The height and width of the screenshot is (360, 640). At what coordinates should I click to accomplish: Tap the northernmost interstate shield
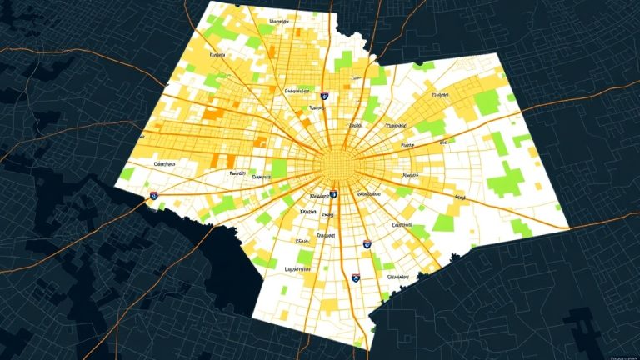click(x=326, y=97)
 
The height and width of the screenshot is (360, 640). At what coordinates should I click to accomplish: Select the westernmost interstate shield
click(x=154, y=195)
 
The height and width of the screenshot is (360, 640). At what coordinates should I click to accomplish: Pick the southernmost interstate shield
click(x=356, y=275)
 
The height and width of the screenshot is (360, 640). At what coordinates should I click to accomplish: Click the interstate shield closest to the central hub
click(x=334, y=194)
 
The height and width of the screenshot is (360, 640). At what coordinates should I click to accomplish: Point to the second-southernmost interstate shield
click(x=367, y=244)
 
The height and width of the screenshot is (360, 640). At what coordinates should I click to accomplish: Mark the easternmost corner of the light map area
click(x=570, y=226)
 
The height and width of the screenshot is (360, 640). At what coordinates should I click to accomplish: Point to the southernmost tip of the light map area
click(x=363, y=347)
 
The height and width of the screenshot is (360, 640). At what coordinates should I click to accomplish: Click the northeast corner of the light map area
click(x=497, y=57)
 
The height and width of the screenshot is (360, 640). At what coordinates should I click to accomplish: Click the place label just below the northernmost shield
click(x=316, y=107)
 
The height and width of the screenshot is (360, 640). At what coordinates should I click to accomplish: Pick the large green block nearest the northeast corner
click(x=485, y=102)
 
